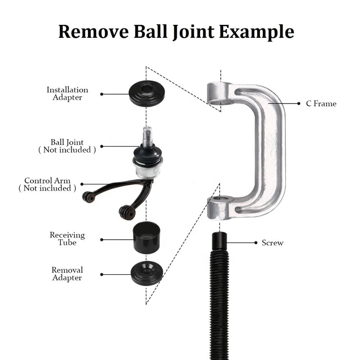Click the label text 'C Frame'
[321, 104]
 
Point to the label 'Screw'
[273, 243]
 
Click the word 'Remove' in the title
[93, 32]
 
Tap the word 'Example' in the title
[256, 32]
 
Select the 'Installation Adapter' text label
[67, 94]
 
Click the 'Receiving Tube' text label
[67, 239]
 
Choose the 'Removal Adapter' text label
[67, 274]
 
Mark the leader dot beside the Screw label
[256, 243]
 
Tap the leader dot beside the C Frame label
[299, 104]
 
